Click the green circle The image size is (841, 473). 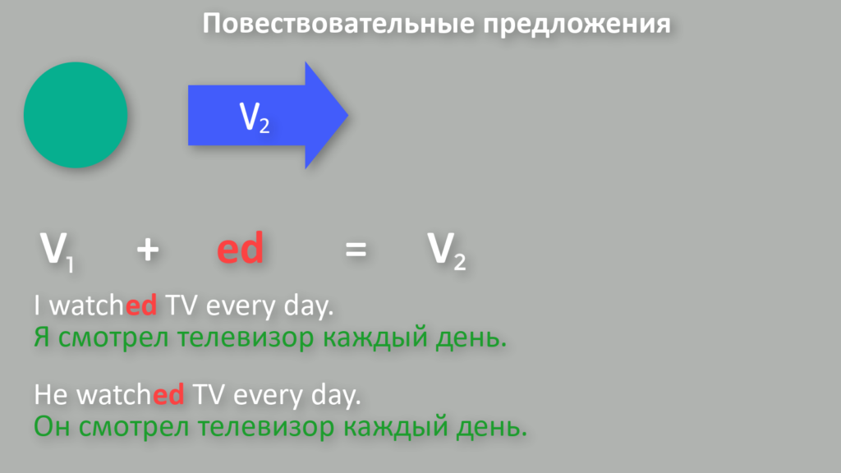click(76, 115)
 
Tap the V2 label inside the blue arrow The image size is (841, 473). click(255, 117)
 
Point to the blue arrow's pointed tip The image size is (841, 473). click(348, 114)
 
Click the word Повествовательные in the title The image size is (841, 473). click(338, 24)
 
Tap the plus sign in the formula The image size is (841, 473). click(148, 250)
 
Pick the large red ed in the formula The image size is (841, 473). click(240, 248)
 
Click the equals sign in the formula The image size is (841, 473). click(356, 250)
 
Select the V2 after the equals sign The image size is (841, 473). click(446, 250)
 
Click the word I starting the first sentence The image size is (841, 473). click(37, 305)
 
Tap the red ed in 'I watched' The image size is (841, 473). click(141, 305)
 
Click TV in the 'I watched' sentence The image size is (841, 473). click(182, 305)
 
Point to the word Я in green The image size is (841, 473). click(42, 338)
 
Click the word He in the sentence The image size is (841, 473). click(51, 395)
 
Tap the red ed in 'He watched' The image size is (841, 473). click(168, 395)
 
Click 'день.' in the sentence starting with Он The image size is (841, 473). click(492, 428)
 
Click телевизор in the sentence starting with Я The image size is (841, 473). click(246, 338)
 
